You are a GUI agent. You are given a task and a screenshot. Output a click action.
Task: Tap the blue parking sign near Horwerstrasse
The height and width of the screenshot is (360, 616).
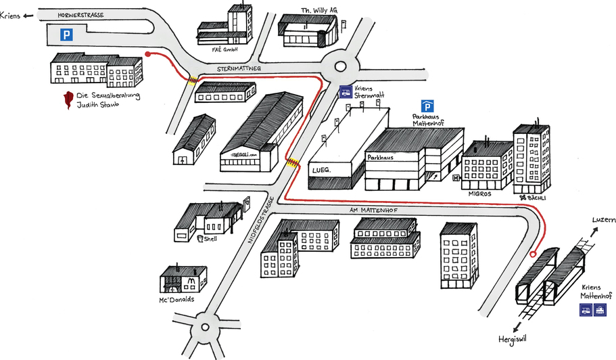click(x=66, y=35)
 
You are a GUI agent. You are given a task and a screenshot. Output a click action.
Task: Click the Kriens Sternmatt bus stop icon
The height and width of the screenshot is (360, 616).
click(x=345, y=92)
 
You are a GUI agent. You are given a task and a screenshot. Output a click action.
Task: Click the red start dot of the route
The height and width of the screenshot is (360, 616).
click(x=148, y=53)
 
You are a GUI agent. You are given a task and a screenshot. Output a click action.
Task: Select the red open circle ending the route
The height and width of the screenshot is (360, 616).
click(x=532, y=255)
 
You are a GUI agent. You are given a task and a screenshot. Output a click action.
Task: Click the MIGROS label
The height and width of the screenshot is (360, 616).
click(x=479, y=193)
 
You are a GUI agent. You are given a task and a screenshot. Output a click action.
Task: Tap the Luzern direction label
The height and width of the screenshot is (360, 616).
click(x=604, y=221)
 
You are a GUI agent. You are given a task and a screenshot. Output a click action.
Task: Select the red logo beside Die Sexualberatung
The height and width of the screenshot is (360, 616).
click(x=67, y=100)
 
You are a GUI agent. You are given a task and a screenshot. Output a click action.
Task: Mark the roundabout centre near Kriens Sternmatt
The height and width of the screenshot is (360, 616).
click(x=338, y=66)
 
